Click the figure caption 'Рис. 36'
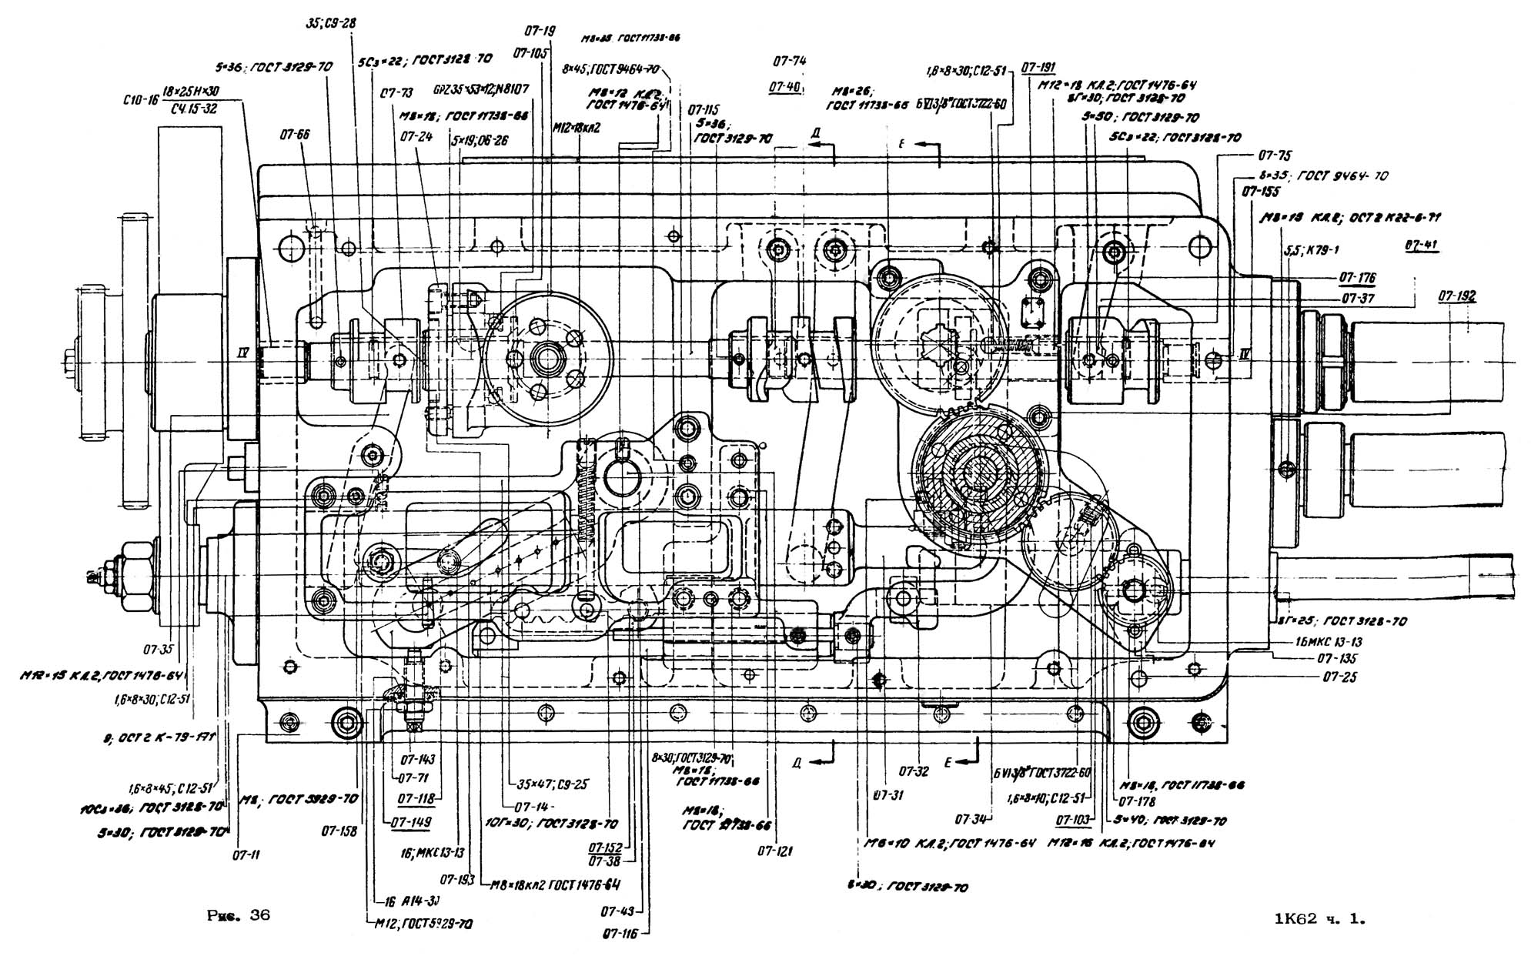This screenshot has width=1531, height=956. pos(239,916)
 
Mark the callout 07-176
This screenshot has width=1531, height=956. pos(1358,278)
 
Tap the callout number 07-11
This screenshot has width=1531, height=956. pos(246,854)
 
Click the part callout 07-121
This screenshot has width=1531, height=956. pos(774,851)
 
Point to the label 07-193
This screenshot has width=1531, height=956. pos(457,879)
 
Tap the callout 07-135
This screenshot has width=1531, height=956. pos(1337,659)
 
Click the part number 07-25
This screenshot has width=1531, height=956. pos(1340,677)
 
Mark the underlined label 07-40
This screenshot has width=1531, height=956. pos(784,87)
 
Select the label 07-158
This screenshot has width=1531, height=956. pos(338,832)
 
